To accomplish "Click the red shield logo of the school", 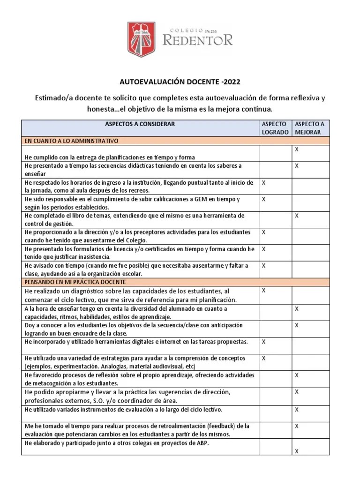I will point(142,38).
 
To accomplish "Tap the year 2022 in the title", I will point(231,82).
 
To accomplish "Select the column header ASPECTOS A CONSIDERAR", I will point(139,124).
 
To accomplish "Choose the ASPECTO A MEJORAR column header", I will point(309,128).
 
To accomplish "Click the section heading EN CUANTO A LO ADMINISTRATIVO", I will point(72,141).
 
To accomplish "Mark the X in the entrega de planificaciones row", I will point(297,149).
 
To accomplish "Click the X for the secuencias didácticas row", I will point(297,166).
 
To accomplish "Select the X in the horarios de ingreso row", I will point(263,182).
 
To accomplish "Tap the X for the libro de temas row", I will point(297,216).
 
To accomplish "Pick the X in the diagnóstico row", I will point(263,291).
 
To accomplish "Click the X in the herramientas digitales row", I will point(263,342).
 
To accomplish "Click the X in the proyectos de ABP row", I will point(297,451).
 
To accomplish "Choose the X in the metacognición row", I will point(297,375).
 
